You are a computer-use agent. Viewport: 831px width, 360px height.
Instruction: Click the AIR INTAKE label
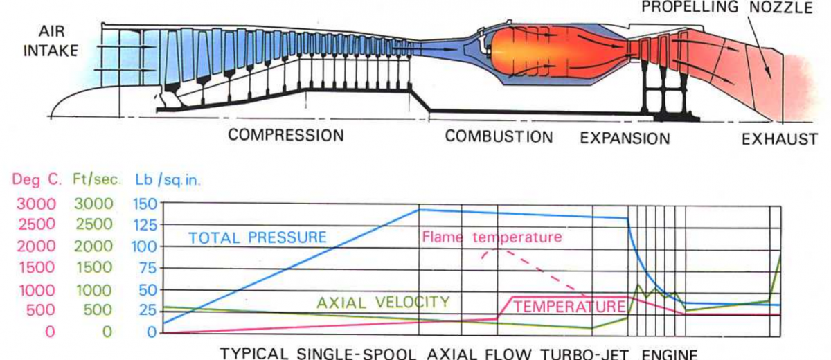click(51, 42)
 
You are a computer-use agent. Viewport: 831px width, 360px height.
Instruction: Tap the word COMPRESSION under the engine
click(286, 136)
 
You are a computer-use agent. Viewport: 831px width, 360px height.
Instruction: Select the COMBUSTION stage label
click(499, 136)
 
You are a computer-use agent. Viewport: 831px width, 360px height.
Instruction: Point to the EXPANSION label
click(625, 138)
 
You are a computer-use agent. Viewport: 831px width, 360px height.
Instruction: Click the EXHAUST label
click(780, 139)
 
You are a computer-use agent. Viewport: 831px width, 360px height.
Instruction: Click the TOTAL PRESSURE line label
click(258, 237)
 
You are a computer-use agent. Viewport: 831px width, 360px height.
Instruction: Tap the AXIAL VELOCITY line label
click(383, 302)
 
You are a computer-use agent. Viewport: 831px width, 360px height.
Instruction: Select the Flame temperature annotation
click(492, 237)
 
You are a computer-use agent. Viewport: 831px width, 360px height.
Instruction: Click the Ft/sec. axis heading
click(97, 180)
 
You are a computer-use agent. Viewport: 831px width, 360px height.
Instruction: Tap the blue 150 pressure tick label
click(143, 204)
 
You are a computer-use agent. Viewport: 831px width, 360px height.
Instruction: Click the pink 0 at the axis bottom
click(50, 332)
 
